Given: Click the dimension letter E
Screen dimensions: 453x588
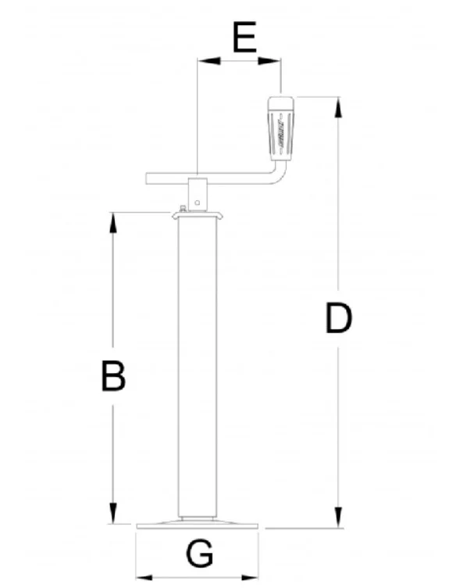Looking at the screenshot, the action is click(244, 37).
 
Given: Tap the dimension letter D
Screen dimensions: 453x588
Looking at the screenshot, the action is click(338, 318).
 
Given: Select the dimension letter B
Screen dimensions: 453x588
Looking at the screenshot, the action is click(113, 376).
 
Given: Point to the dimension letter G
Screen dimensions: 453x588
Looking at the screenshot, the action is click(199, 554).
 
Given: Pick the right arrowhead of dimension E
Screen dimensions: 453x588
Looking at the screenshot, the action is click(269, 60).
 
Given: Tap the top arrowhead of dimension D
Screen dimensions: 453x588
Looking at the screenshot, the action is click(338, 108).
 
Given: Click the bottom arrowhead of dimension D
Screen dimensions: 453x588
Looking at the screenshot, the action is click(338, 518).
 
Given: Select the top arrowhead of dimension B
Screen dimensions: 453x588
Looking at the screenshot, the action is click(113, 223).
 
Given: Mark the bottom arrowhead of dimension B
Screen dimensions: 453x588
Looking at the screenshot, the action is click(113, 514).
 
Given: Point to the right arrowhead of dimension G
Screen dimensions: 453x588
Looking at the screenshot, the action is click(250, 578).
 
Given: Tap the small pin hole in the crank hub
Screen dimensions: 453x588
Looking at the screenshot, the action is click(198, 203).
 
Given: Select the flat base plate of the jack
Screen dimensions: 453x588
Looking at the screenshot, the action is click(198, 524).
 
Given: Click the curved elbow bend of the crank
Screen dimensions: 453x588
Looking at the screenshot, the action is click(279, 176).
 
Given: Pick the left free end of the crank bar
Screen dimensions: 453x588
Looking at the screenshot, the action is click(146, 178).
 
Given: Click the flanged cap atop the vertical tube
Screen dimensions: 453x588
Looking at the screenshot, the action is click(198, 215).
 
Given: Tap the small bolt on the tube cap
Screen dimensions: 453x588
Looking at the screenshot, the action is click(184, 209).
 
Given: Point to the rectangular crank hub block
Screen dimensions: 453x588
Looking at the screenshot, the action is click(198, 194).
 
